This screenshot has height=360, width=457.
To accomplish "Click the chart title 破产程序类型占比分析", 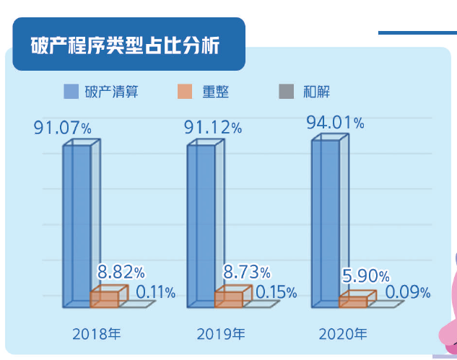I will pyautogui.click(x=126, y=45).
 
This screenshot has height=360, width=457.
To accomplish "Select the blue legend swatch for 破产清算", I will pyautogui.click(x=71, y=92).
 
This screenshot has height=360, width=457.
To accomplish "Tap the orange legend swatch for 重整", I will pyautogui.click(x=183, y=92).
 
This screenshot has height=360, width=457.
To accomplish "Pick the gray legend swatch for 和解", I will pyautogui.click(x=286, y=92).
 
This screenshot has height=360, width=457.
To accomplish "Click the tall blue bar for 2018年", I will pyautogui.click(x=77, y=224).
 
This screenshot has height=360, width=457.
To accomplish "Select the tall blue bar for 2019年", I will pyautogui.click(x=201, y=224).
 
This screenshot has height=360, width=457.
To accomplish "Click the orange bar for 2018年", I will pyautogui.click(x=105, y=299).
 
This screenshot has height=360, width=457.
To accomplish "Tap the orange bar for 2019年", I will pyautogui.click(x=229, y=299).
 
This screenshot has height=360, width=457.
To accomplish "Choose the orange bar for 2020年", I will pyautogui.click(x=354, y=301).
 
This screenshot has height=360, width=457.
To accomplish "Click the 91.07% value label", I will pyautogui.click(x=63, y=128).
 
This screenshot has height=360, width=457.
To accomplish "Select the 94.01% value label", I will pyautogui.click(x=335, y=121).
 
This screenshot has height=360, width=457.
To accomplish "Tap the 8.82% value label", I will pyautogui.click(x=121, y=273).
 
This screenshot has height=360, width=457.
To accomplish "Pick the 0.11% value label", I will pyautogui.click(x=156, y=292).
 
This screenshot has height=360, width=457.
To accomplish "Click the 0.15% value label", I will pyautogui.click(x=277, y=292).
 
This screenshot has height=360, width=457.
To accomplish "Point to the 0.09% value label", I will pyautogui.click(x=408, y=292).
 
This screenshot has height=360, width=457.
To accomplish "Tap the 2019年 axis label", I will pyautogui.click(x=221, y=334).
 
